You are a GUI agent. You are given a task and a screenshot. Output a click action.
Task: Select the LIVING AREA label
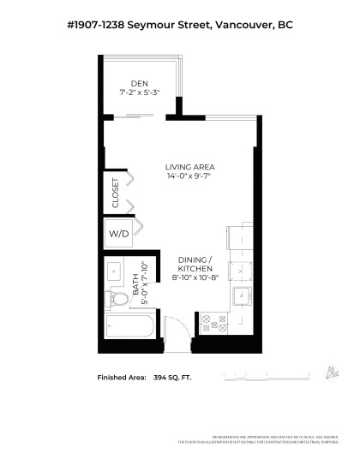pyautogui.click(x=190, y=167)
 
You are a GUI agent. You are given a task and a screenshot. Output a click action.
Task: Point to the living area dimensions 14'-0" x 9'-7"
pyautogui.click(x=190, y=177)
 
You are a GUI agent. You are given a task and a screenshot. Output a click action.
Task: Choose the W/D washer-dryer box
pyautogui.click(x=117, y=233)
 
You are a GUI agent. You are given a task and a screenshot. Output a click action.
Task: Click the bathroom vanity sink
pyautogui.click(x=116, y=272)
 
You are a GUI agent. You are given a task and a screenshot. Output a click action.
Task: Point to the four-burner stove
pyautogui.click(x=213, y=323)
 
